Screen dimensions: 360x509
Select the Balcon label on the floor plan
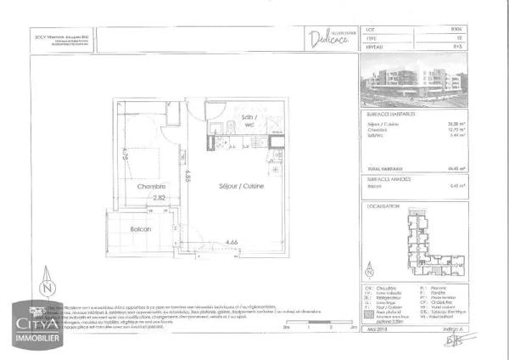coord(140,228)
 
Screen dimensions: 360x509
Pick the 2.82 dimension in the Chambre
coord(159,199)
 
